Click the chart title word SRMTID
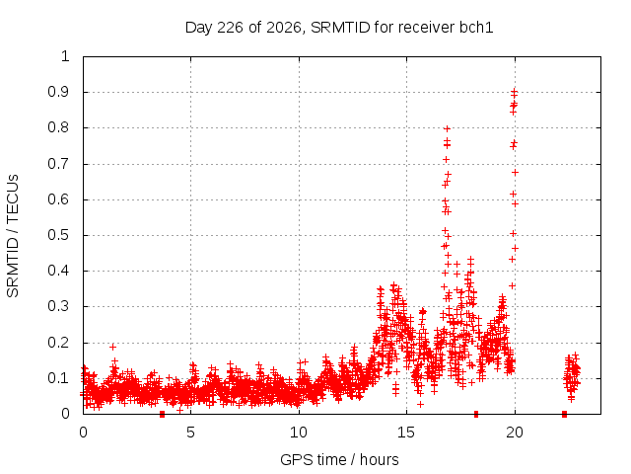coord(340,28)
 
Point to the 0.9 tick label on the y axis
coord(59,92)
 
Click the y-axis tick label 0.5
coord(59,235)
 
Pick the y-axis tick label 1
coord(65,56)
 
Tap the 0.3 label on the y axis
coord(59,306)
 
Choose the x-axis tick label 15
coord(406,433)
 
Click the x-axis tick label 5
coord(190,433)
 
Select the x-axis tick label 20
coord(515,433)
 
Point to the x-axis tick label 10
coord(299,433)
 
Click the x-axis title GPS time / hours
coord(339,459)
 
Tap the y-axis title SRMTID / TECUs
coord(13,236)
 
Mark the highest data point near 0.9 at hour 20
coord(514,92)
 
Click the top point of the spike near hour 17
coord(447,128)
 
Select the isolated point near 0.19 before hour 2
coord(112,347)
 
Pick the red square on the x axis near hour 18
coord(476,414)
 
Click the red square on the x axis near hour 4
coord(162,414)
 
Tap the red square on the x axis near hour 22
coord(564,414)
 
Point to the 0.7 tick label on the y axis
coord(59,164)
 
